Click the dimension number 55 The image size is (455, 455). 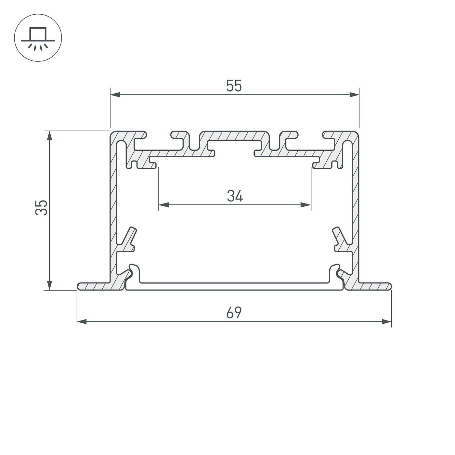pyautogui.click(x=234, y=86)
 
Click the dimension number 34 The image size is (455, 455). pyautogui.click(x=235, y=196)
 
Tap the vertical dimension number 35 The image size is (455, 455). pyautogui.click(x=41, y=208)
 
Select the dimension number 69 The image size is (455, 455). pyautogui.click(x=234, y=313)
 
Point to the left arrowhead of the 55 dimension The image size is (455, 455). pyautogui.click(x=115, y=95)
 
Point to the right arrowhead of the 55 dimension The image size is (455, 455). pyautogui.click(x=354, y=95)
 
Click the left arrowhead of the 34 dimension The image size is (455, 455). pyautogui.click(x=163, y=205)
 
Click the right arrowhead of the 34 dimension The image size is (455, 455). pyautogui.click(x=306, y=205)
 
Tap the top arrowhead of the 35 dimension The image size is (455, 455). pyautogui.click(x=49, y=136)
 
